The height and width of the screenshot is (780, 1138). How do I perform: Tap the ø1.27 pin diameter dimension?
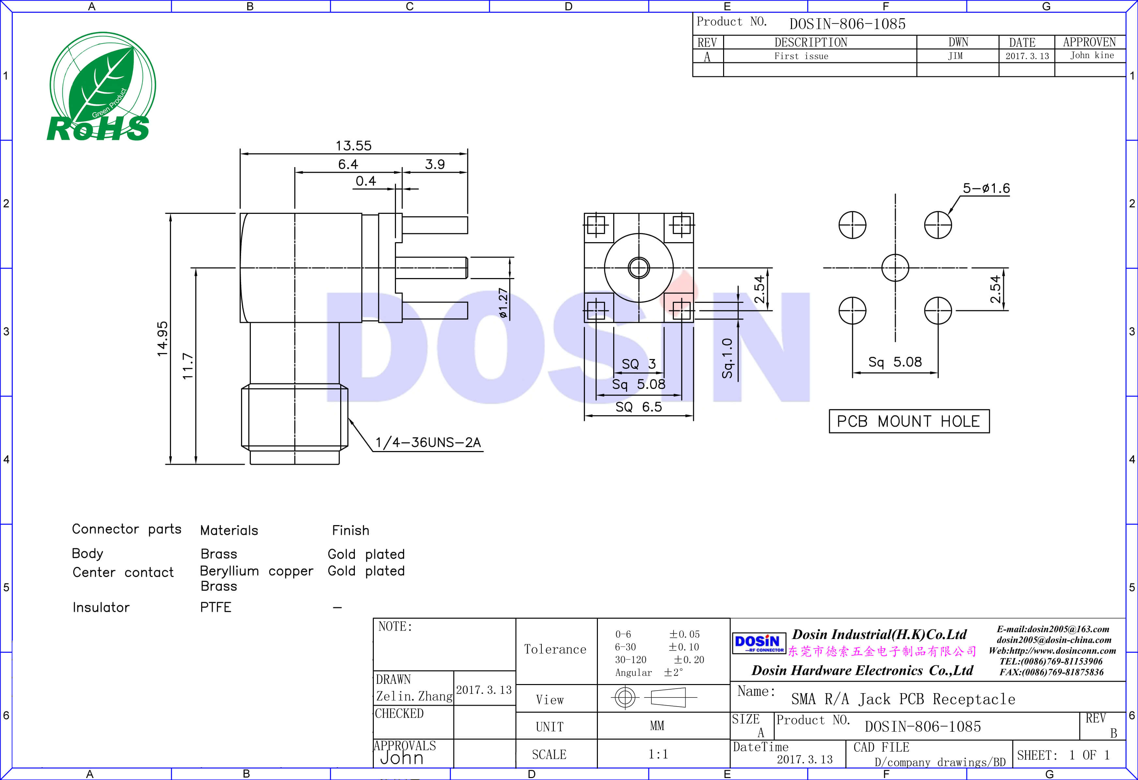pyautogui.click(x=503, y=303)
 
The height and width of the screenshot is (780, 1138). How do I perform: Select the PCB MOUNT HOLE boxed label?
pyautogui.click(x=908, y=421)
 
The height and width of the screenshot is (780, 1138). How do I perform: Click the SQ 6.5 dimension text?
pyautogui.click(x=639, y=407)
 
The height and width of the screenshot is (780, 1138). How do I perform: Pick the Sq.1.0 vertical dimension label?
pyautogui.click(x=728, y=358)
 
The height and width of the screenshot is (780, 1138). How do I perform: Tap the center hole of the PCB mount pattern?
pyautogui.click(x=895, y=268)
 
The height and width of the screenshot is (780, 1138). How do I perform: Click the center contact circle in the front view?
pyautogui.click(x=639, y=268)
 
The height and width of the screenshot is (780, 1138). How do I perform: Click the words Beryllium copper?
pyautogui.click(x=256, y=571)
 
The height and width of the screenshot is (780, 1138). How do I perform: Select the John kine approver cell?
pyautogui.click(x=1091, y=55)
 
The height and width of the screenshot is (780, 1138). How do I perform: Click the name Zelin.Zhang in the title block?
pyautogui.click(x=414, y=696)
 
